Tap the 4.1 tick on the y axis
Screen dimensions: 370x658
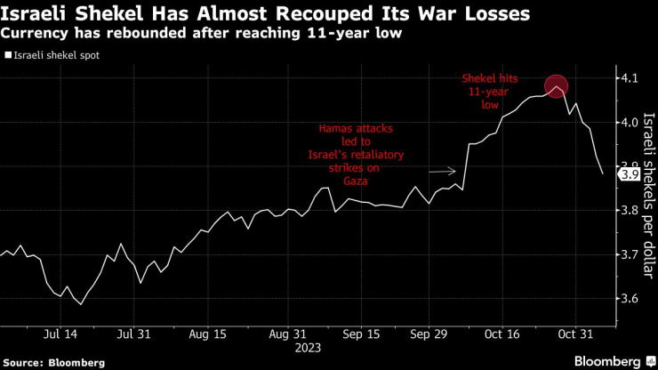[x=630, y=78]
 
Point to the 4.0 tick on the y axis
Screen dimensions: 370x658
[x=630, y=122]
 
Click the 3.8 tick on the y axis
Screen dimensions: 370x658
[x=630, y=211]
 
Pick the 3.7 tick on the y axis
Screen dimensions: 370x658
[x=630, y=254]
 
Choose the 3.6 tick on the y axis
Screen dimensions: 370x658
[x=630, y=299]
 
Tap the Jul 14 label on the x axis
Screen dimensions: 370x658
[x=60, y=334]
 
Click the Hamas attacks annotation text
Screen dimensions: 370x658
[x=361, y=155]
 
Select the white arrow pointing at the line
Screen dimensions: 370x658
[x=442, y=171]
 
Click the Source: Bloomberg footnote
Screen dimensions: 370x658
[x=54, y=362]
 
